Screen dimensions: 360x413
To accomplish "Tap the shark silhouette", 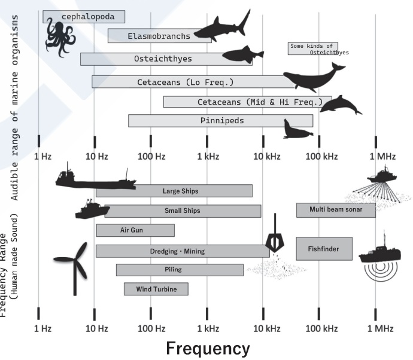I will (x=221, y=28).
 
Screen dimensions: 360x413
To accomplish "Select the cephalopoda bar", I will (x=84, y=17).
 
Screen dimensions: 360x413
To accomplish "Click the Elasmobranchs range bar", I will (x=159, y=36).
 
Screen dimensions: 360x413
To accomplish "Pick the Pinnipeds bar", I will (x=220, y=121).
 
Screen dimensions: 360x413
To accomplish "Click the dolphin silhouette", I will (x=339, y=104).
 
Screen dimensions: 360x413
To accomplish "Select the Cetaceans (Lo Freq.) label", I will (x=185, y=82).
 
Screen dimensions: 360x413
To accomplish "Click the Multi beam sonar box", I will (x=336, y=210).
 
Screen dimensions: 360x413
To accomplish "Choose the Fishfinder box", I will (x=324, y=248).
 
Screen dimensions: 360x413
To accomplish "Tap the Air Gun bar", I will (x=135, y=230).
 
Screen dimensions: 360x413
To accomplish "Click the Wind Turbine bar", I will (x=156, y=289).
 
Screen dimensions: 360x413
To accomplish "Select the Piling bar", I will (x=180, y=270).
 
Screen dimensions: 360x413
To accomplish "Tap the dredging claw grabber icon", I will (x=275, y=240).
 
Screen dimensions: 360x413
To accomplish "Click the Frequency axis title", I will (x=207, y=348).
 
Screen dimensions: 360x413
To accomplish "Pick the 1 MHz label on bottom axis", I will (x=382, y=328).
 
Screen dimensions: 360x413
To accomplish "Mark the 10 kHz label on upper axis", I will (x=266, y=157).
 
